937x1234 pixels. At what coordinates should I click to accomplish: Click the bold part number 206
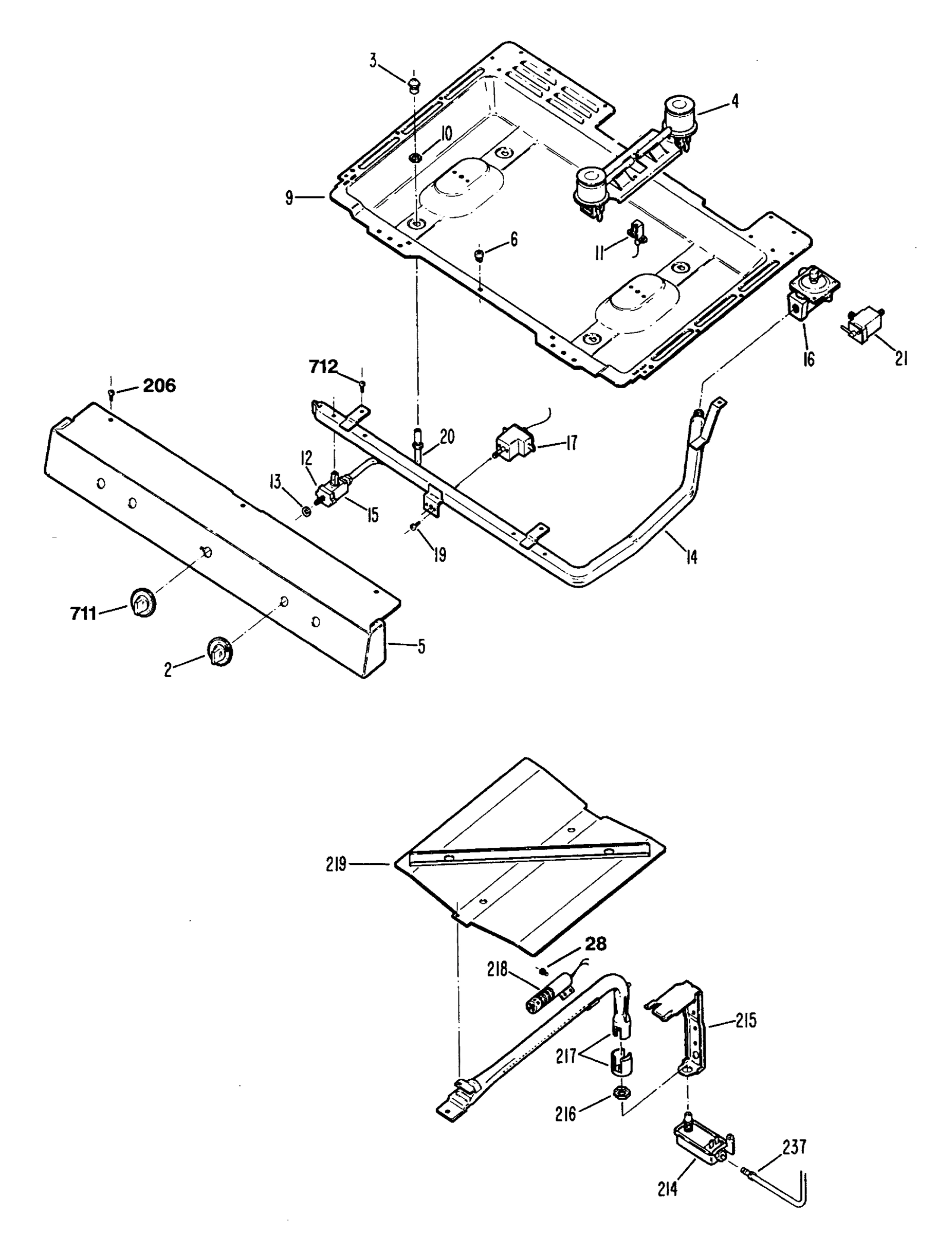pyautogui.click(x=159, y=386)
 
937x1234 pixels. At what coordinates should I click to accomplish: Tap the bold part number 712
pyautogui.click(x=323, y=367)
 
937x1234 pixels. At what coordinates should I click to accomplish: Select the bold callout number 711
pyautogui.click(x=83, y=613)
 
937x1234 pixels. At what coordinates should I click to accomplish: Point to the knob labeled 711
pyautogui.click(x=143, y=602)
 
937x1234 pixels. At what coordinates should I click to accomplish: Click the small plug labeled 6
pyautogui.click(x=479, y=256)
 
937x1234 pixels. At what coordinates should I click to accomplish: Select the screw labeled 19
pyautogui.click(x=414, y=525)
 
